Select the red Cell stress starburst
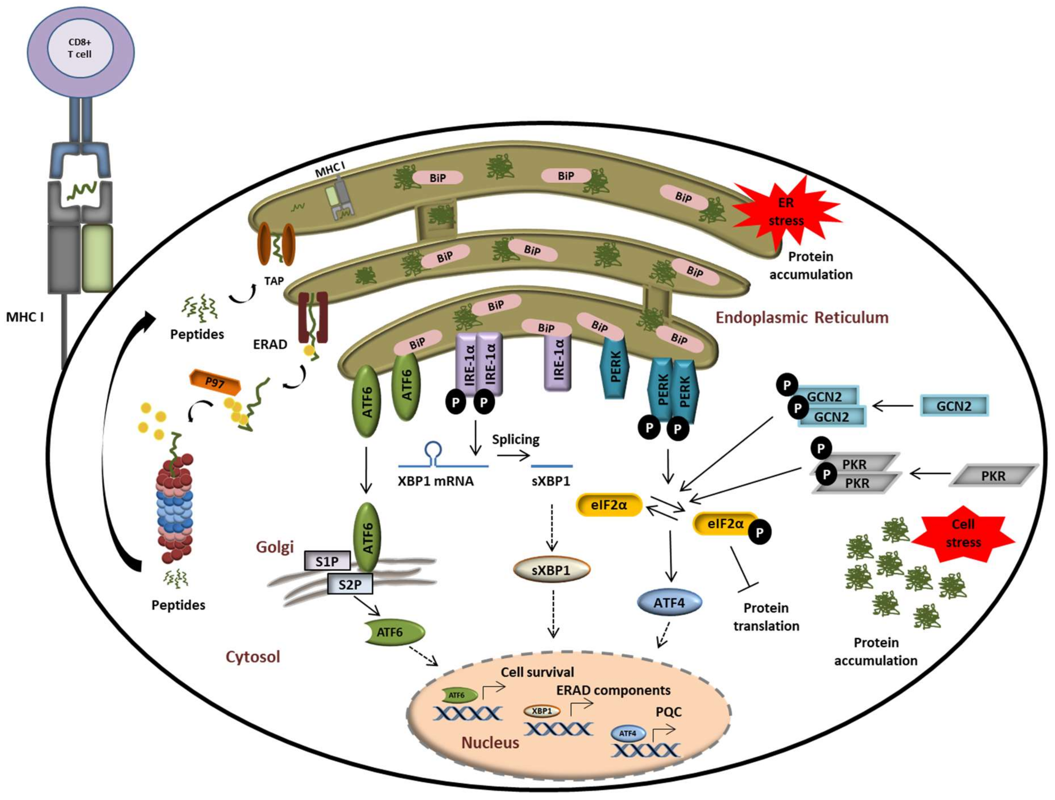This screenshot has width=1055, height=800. point(962,533)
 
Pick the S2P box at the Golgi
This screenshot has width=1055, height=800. point(350,584)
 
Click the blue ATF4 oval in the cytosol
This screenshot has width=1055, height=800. point(669,602)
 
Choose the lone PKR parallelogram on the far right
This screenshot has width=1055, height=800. point(994,476)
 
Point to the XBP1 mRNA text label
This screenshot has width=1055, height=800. point(436,481)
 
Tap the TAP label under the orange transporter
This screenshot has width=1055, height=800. point(274,281)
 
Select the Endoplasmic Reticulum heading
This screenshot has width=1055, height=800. point(802,317)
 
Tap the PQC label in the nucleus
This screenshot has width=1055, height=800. point(668,712)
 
